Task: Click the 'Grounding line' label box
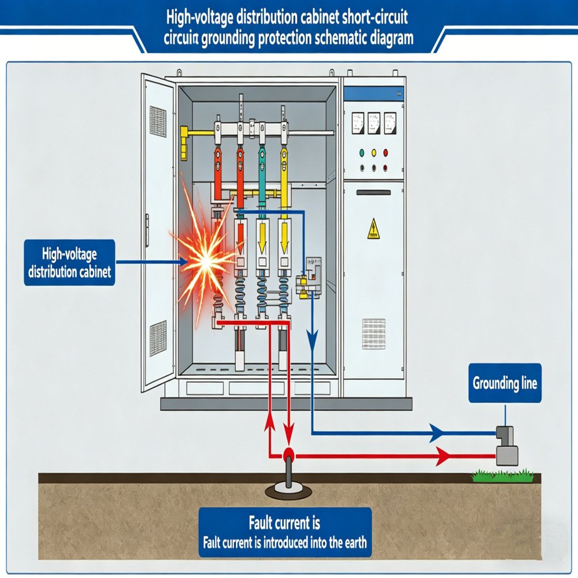coord(505,383)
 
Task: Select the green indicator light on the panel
coord(362,153)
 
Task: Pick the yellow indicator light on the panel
coord(373,153)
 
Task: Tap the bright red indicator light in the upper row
coord(386,153)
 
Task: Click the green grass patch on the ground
coord(502,475)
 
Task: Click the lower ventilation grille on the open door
coord(158,338)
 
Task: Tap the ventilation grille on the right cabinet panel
coord(373,334)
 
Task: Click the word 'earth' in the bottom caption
coord(352,543)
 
